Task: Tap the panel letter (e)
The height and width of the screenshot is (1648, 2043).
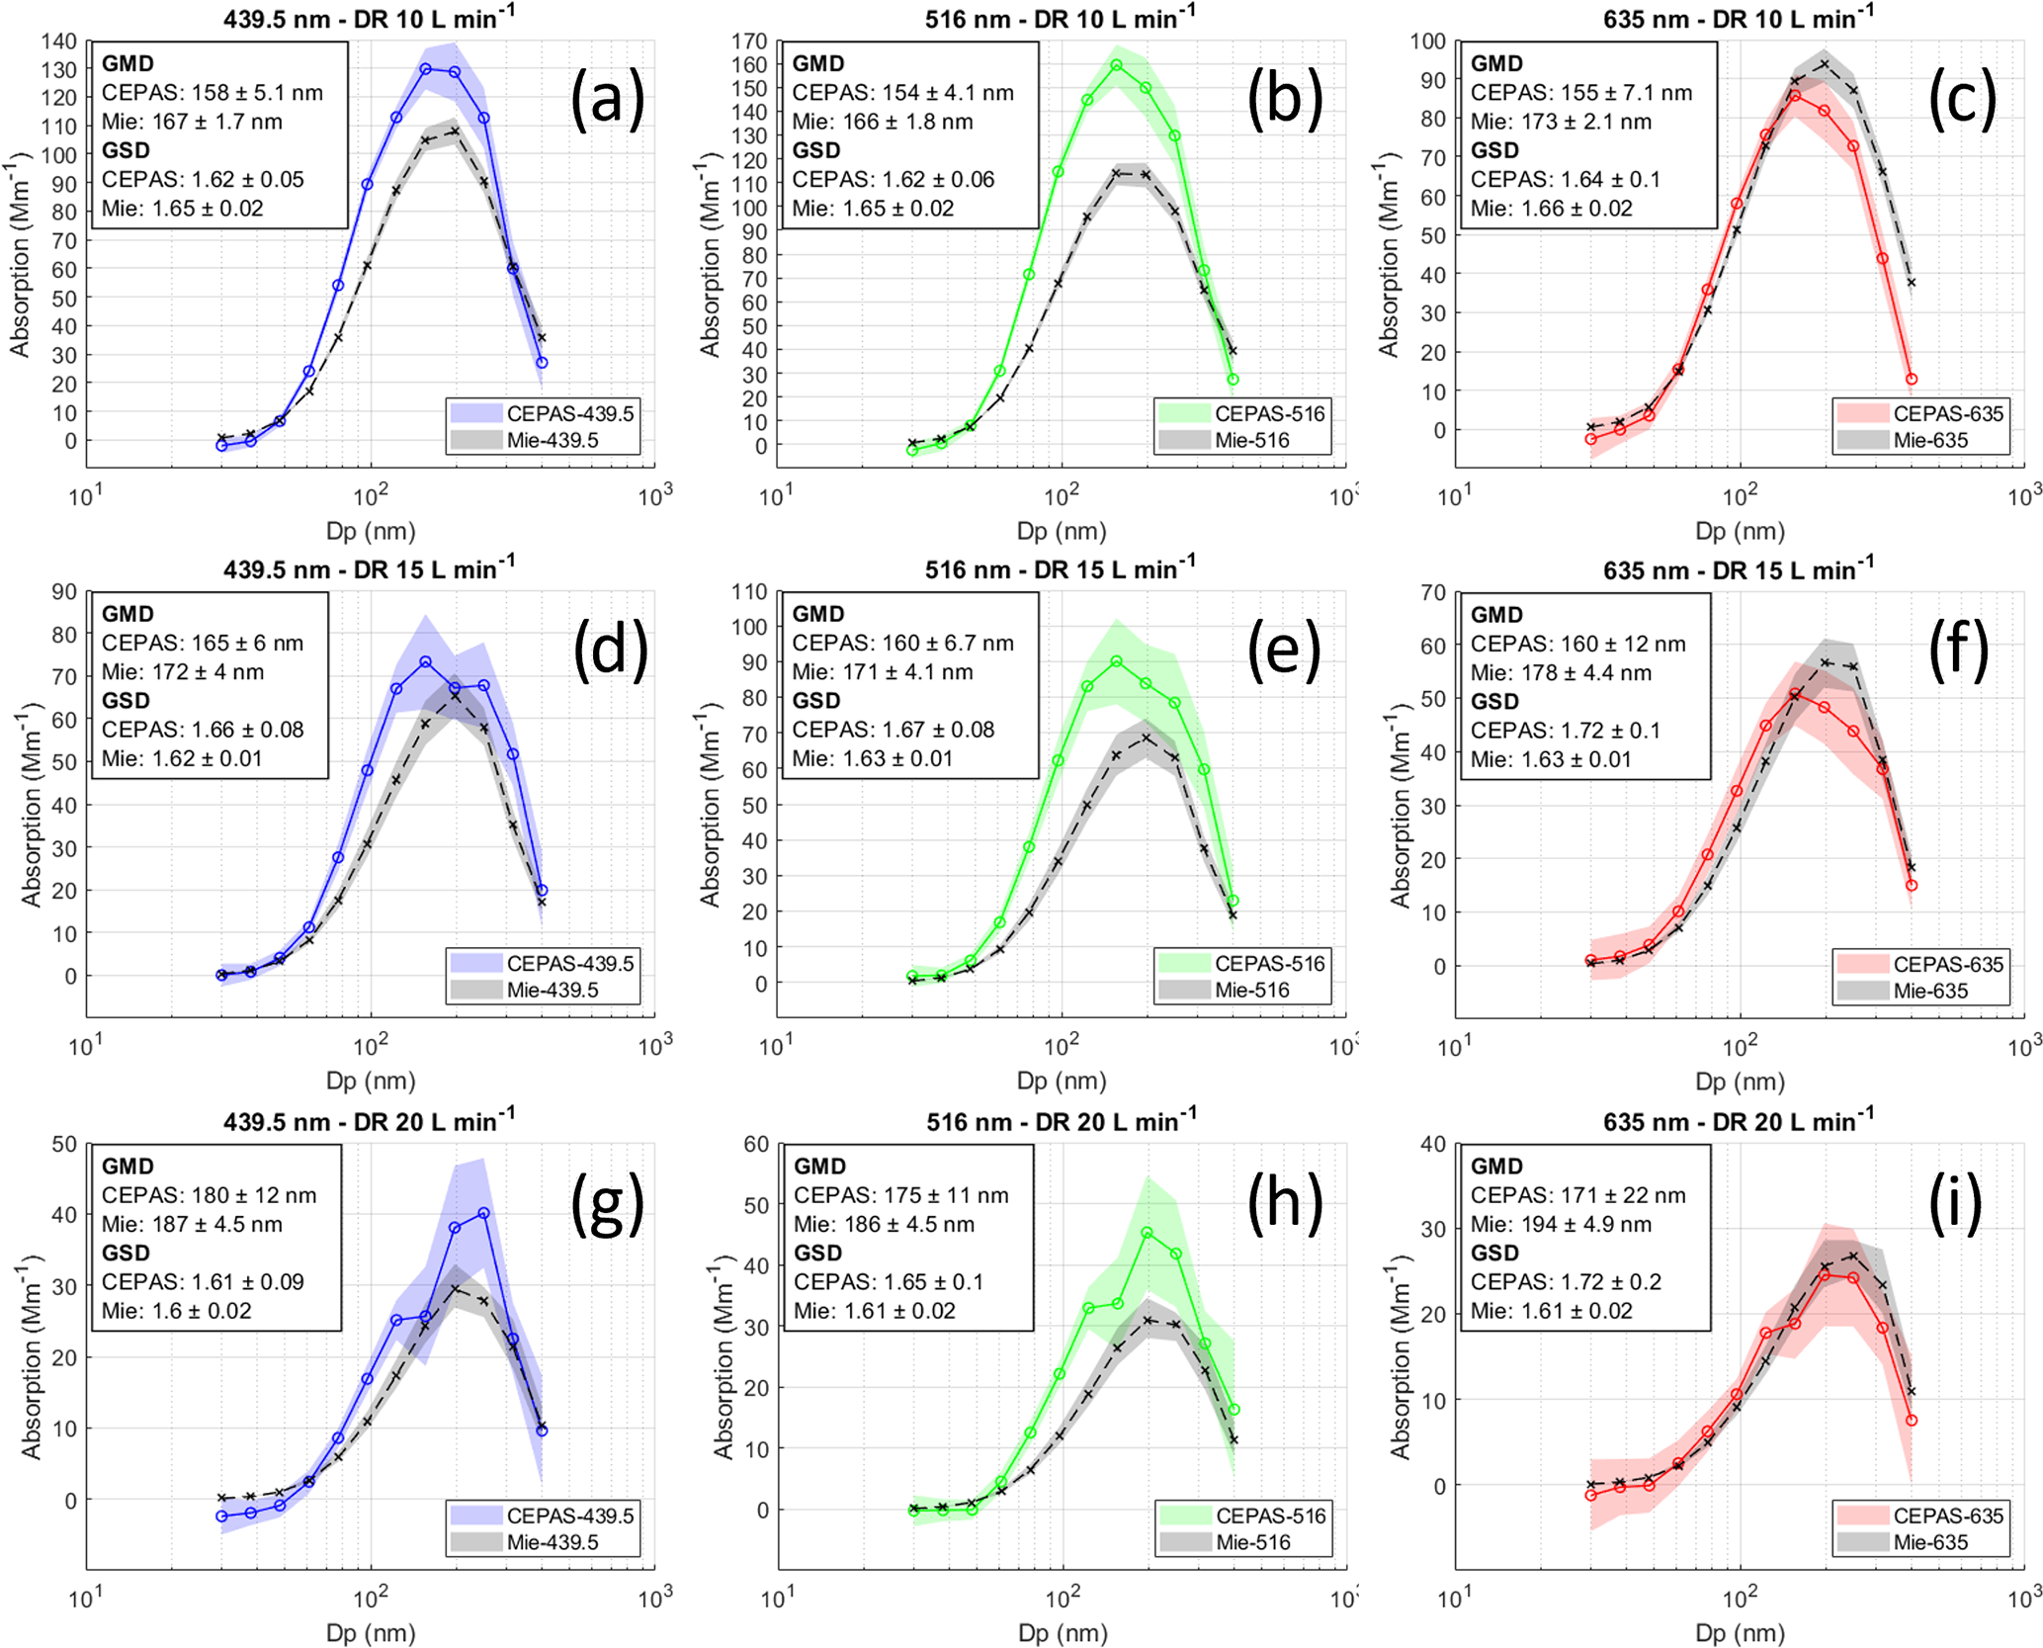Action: tap(1283, 650)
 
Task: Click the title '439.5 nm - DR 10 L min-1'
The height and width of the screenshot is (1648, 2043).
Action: tap(368, 19)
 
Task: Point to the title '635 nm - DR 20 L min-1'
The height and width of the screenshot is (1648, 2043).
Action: tap(1738, 1122)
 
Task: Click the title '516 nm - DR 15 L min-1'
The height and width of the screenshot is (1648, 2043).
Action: tap(1060, 570)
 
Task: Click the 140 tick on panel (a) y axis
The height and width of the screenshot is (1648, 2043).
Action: tap(59, 42)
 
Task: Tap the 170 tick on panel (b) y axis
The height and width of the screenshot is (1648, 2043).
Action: tap(749, 42)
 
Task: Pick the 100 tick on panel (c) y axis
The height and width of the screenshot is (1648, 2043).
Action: tap(1427, 42)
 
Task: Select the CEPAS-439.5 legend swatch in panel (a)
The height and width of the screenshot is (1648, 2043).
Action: tap(476, 413)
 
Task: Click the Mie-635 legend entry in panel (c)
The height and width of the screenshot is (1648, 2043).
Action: tap(1930, 441)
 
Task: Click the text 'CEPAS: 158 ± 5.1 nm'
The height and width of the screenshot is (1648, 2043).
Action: tap(212, 93)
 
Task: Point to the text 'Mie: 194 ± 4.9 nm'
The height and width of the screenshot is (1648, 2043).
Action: tap(1561, 1224)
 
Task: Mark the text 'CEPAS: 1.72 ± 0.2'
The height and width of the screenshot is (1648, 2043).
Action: tap(1566, 1282)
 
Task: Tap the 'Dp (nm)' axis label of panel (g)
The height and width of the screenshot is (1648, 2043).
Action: tap(371, 1633)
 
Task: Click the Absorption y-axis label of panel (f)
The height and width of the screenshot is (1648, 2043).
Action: tap(1400, 805)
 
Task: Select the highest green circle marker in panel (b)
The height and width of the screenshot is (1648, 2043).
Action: tap(1116, 65)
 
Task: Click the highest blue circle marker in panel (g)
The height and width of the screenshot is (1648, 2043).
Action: tap(483, 1213)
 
